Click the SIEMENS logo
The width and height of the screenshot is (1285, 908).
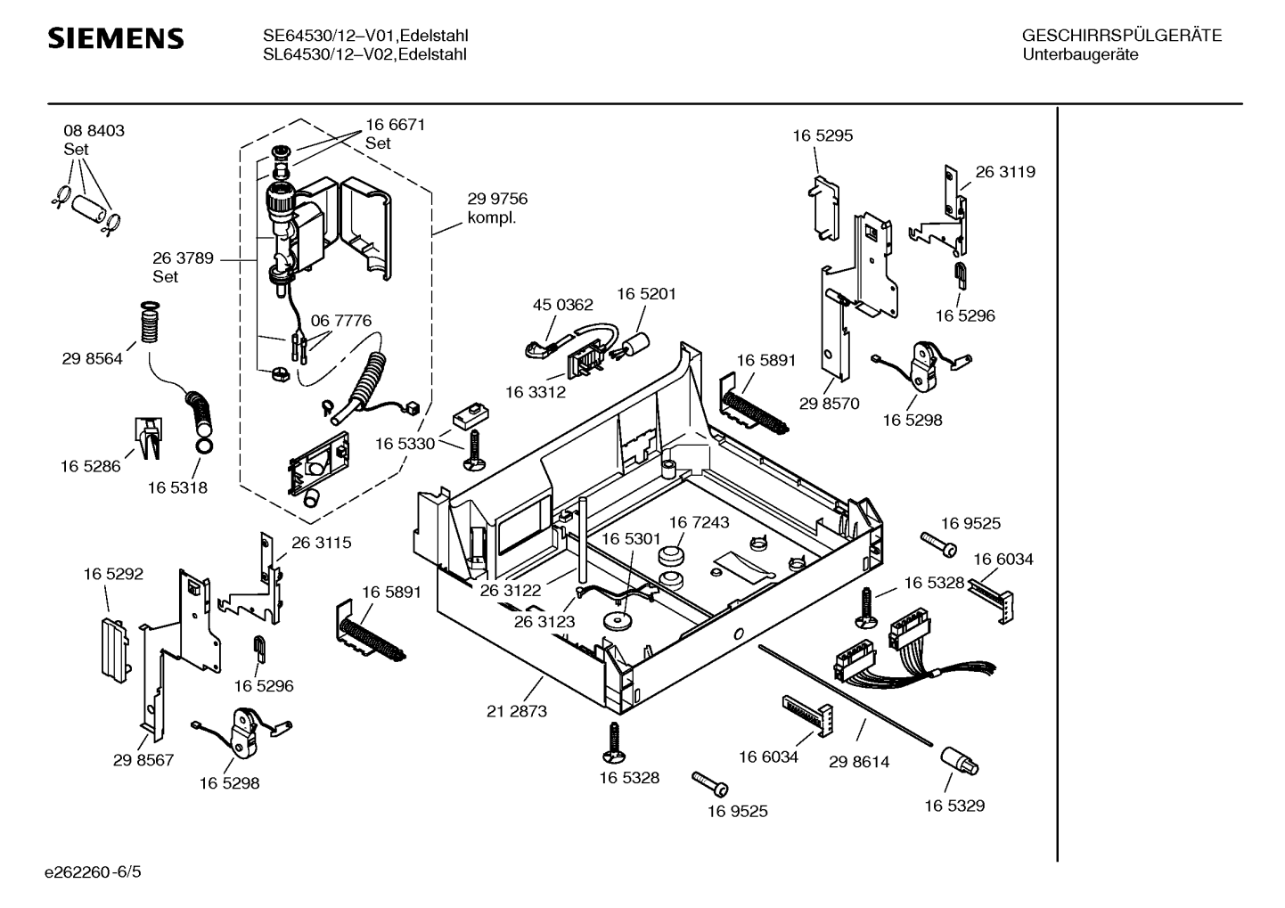click(116, 38)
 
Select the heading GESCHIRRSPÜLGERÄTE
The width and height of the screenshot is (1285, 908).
click(1122, 36)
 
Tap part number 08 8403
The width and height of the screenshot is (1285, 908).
click(94, 131)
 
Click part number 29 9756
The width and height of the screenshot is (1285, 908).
click(497, 199)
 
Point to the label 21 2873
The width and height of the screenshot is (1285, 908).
click(517, 711)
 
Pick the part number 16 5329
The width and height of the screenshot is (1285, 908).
click(954, 806)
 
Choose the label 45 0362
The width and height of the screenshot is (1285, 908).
click(563, 305)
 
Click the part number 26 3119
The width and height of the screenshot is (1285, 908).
click(1005, 171)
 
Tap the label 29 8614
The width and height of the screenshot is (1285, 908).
click(859, 762)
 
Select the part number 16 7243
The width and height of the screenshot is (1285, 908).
click(700, 522)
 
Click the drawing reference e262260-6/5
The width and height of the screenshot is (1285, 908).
click(93, 871)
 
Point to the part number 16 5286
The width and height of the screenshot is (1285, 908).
click(91, 466)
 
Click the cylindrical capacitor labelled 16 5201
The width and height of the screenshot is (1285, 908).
click(636, 342)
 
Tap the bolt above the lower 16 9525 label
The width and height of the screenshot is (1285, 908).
click(709, 783)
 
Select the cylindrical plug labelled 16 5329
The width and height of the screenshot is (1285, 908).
click(959, 762)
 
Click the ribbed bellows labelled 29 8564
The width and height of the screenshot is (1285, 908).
click(149, 322)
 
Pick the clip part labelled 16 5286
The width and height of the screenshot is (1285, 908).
click(149, 438)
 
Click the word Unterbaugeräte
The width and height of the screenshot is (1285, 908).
click(1080, 54)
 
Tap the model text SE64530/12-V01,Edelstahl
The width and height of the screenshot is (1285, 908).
click(365, 36)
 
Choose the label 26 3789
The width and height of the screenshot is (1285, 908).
click(183, 258)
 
